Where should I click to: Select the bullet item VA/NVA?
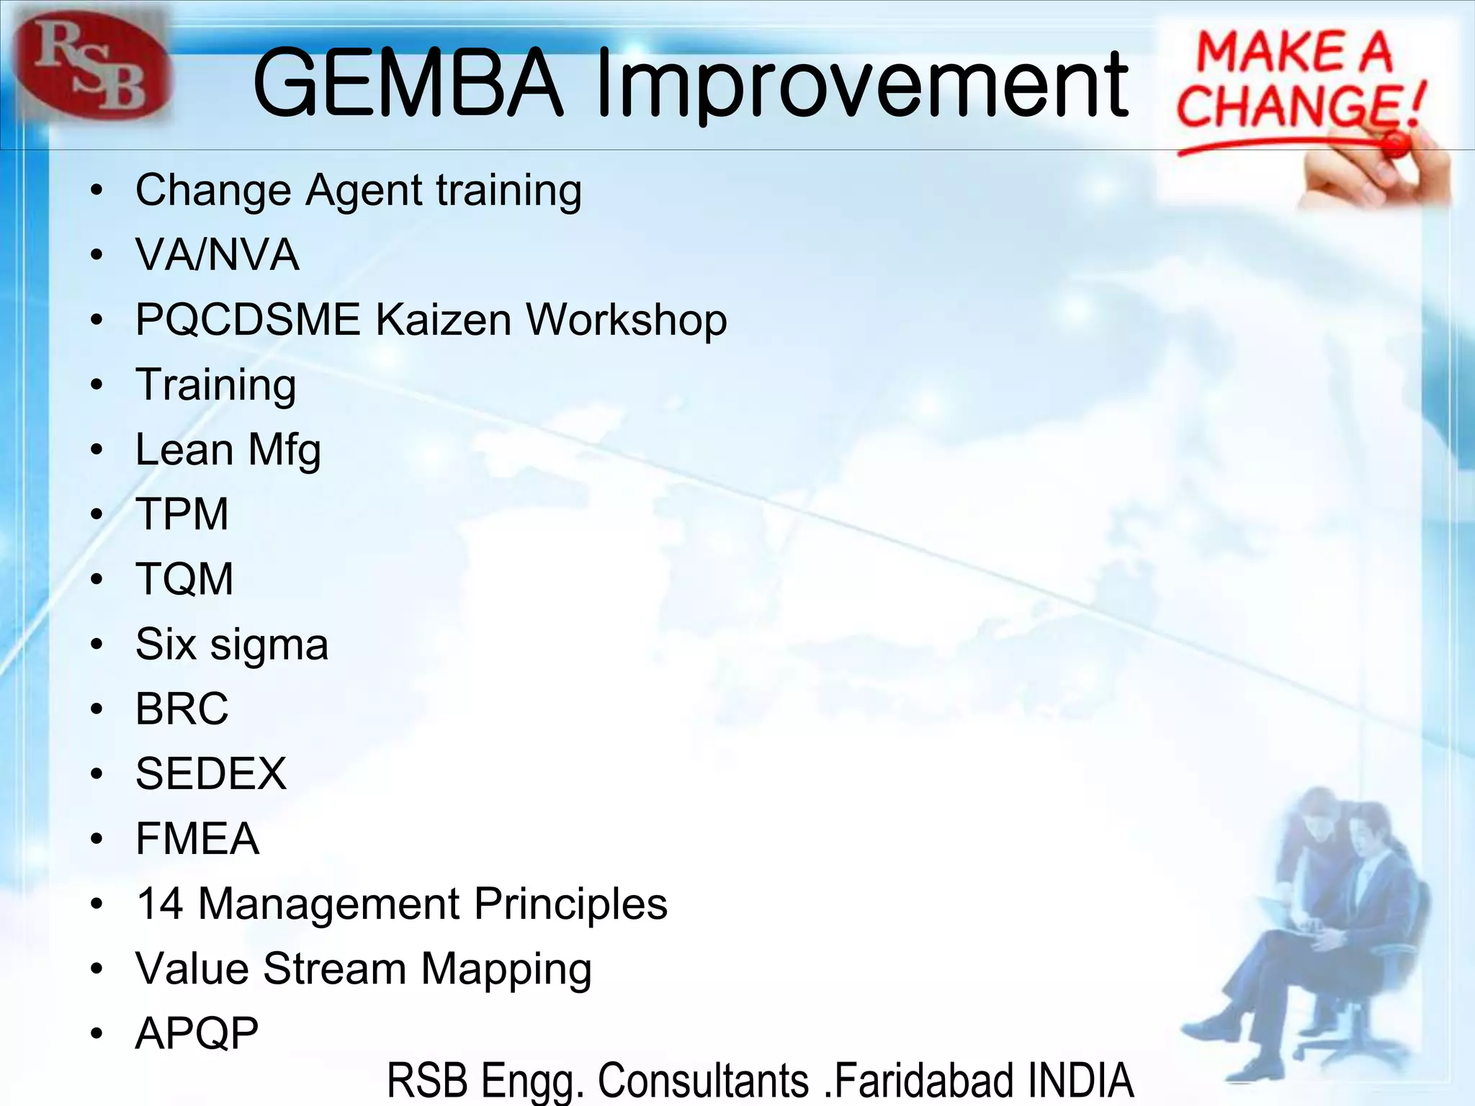coord(217,255)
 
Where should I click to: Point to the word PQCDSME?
coord(248,320)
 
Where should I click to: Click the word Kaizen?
coord(444,320)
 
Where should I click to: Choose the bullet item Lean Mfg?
coord(228,451)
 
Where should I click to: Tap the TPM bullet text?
coord(181,514)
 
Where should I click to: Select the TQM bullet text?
coord(184,579)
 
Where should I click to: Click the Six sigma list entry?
coord(231,644)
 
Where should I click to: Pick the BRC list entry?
coord(181,709)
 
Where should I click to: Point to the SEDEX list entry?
coord(211,774)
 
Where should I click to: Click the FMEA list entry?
coord(197,839)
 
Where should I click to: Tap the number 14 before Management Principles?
coord(160,904)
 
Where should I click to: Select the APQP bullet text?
coord(197,1034)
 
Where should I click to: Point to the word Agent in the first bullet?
coord(364,191)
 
